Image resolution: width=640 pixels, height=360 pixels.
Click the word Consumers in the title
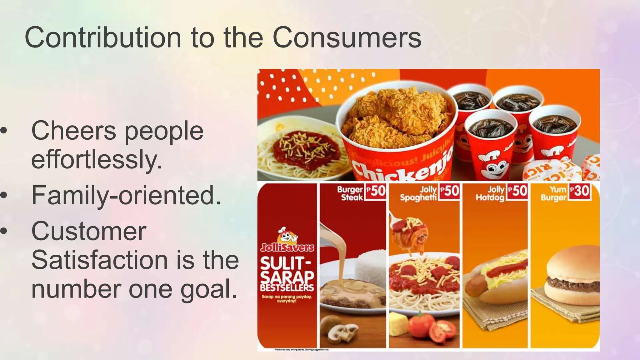(x=347, y=37)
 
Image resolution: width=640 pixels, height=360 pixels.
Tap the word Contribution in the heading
(x=103, y=37)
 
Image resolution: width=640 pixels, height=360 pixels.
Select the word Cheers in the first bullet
(x=74, y=131)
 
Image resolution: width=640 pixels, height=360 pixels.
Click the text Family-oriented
(x=126, y=195)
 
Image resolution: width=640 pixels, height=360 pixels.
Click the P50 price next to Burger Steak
(x=376, y=191)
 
